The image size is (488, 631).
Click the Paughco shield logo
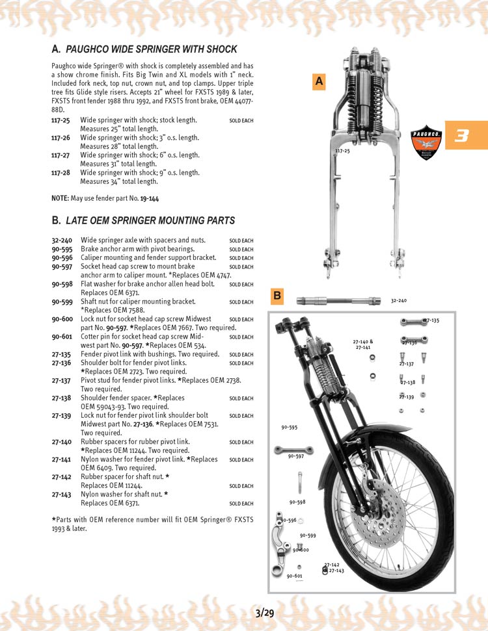[426, 142]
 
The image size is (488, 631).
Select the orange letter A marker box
[319, 81]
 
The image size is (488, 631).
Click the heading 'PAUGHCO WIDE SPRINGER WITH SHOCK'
[152, 49]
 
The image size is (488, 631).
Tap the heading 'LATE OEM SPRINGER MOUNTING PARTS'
[150, 221]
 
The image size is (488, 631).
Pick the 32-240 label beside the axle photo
[398, 301]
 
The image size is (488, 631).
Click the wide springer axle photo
[338, 300]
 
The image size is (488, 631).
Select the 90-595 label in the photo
[289, 428]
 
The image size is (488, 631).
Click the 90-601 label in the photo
[294, 576]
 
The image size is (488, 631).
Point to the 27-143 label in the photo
[336, 571]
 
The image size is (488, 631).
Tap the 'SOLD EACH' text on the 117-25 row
[241, 121]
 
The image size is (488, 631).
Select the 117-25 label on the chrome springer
[342, 151]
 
